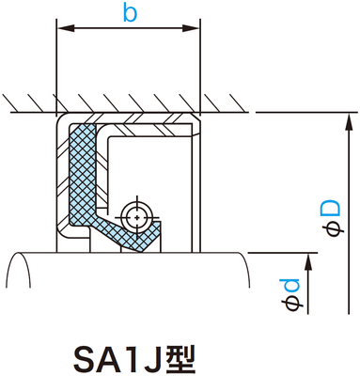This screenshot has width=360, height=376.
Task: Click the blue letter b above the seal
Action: click(130, 14)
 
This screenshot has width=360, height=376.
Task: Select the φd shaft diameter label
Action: click(292, 292)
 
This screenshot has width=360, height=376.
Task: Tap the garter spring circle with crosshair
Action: click(138, 215)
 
